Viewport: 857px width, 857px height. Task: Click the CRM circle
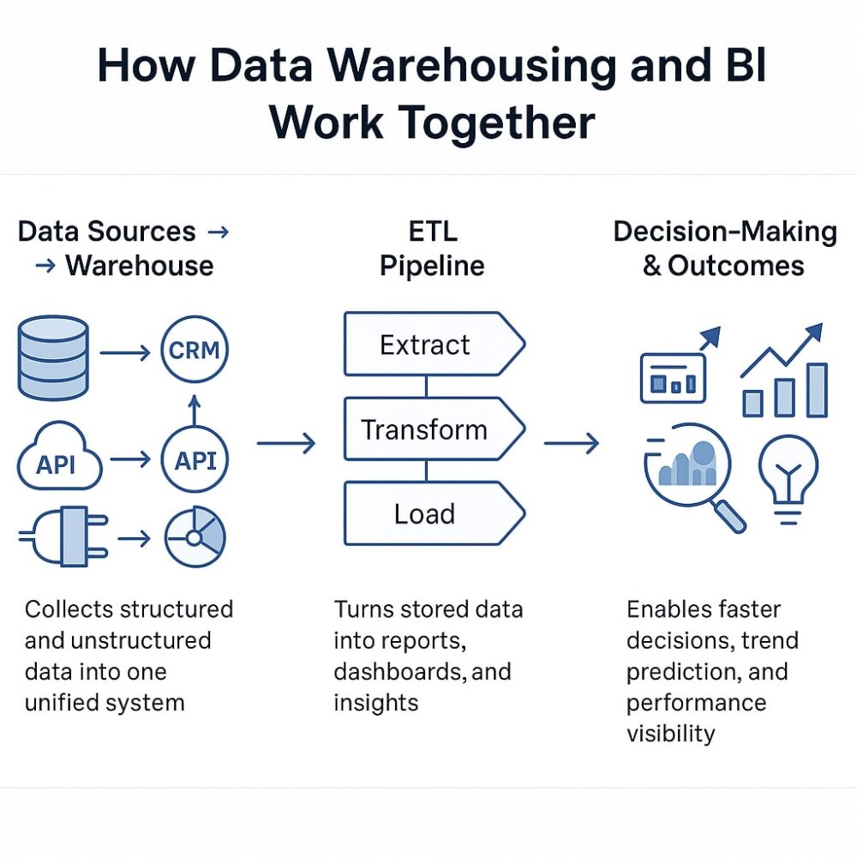[x=195, y=351]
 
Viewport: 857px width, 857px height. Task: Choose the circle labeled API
[x=195, y=460]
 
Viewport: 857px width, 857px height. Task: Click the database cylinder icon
[x=52, y=357]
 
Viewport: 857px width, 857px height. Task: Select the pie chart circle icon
[x=195, y=538]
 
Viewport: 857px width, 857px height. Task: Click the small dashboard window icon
[x=673, y=378]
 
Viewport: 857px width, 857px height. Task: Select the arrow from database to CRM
[x=124, y=351]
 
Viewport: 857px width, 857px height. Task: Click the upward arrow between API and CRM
[x=194, y=409]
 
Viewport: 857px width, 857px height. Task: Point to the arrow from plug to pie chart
[x=134, y=539]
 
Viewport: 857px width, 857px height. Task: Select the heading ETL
[x=432, y=231]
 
